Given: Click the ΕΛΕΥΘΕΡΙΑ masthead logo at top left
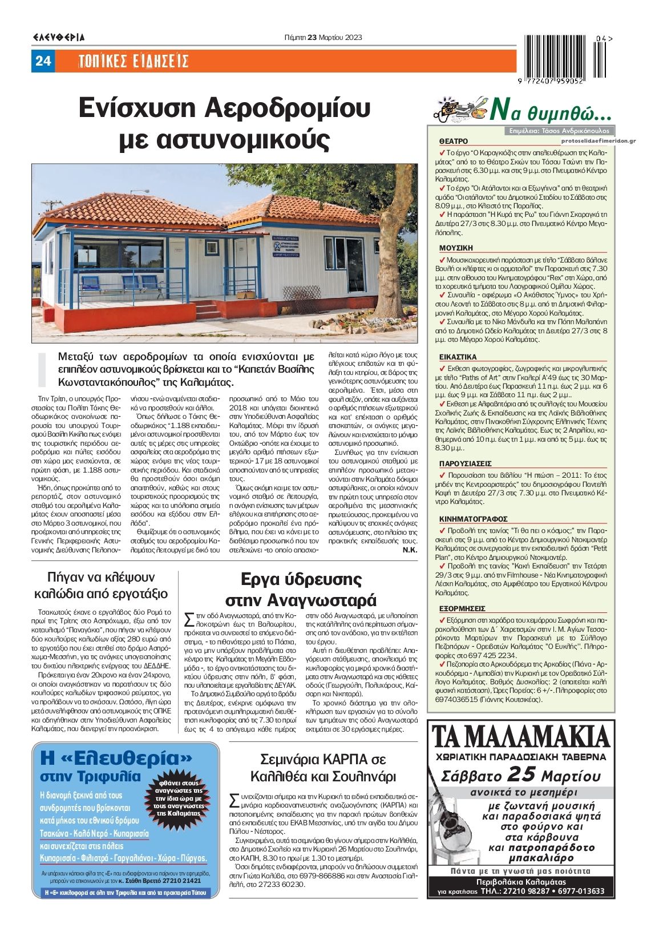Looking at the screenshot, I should pos(59,38).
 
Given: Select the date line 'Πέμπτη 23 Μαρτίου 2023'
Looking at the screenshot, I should pos(323,38).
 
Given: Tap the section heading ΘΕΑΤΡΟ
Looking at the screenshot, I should pos(454,141).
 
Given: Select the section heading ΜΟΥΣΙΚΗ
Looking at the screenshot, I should pos(456,248).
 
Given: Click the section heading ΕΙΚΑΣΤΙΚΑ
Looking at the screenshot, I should pos(458,357).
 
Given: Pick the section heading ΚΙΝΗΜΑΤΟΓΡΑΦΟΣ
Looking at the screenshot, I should pos(473,519).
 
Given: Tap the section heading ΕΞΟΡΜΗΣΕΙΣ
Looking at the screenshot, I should pos(462,609).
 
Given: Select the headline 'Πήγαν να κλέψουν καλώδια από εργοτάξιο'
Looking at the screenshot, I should pos(102,584).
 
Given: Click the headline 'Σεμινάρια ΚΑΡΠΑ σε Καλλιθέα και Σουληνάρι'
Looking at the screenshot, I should pos(323,768).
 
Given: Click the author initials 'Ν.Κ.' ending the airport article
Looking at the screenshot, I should pos(410,550).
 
